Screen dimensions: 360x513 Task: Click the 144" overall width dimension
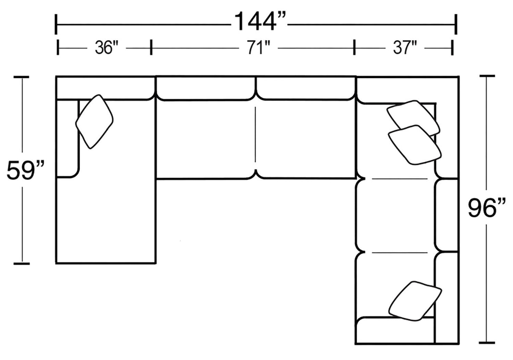pyautogui.click(x=260, y=22)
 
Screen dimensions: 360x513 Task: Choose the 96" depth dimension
pyautogui.click(x=486, y=208)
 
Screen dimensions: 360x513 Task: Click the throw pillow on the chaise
pyautogui.click(x=94, y=122)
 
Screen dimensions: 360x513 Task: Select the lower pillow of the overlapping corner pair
pyautogui.click(x=414, y=145)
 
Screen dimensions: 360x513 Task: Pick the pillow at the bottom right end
pyautogui.click(x=415, y=301)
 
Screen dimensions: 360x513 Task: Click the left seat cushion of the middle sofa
pyautogui.click(x=205, y=139)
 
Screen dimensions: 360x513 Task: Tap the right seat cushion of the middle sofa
pyautogui.click(x=305, y=139)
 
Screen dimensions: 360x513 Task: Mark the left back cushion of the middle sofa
pyautogui.click(x=206, y=88)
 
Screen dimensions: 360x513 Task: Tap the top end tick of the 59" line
pyautogui.click(x=21, y=77)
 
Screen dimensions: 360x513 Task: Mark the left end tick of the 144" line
pyautogui.click(x=56, y=24)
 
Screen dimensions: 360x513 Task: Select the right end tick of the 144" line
pyautogui.click(x=456, y=24)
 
